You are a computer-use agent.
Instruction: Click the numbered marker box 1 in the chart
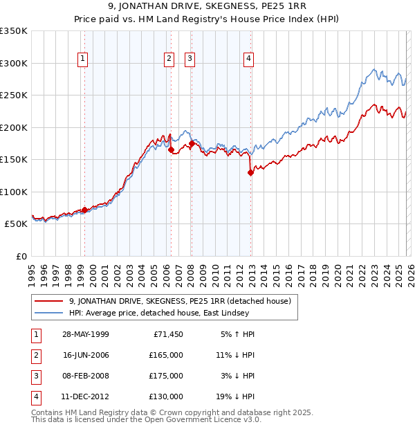82,60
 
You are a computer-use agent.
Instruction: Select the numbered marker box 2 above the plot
169,60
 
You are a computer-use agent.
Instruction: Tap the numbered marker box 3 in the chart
189,60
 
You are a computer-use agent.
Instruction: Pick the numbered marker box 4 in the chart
248,60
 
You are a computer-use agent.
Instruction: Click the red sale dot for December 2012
251,173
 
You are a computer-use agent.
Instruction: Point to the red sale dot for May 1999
84,210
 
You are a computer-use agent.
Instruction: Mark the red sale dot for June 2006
171,149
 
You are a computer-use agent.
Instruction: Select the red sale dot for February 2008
191,143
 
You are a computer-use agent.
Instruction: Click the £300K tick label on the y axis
14,63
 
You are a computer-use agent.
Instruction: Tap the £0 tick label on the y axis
21,256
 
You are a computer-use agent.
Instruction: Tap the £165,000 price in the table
167,354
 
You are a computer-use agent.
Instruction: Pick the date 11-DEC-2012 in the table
85,396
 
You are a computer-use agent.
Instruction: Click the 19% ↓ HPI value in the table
235,396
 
